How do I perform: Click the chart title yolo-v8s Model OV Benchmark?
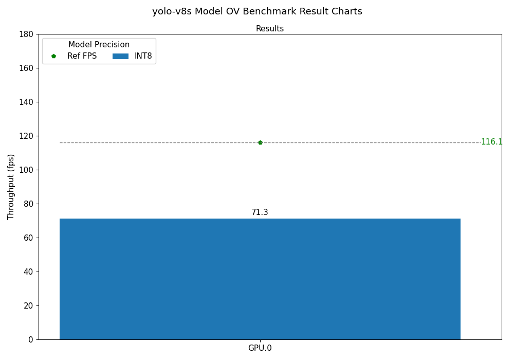[x=257, y=11]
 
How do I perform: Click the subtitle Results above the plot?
[x=270, y=29]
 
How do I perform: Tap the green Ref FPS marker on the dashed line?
[x=260, y=142]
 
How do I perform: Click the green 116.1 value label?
[x=491, y=142]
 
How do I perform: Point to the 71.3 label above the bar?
[x=260, y=212]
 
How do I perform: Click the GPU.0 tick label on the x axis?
[x=260, y=348]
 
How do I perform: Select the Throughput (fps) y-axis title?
[x=11, y=187]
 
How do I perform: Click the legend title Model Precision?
[x=99, y=45]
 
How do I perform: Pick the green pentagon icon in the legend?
[x=53, y=56]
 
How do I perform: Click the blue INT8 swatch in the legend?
[x=120, y=56]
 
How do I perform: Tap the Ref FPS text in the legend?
[x=82, y=56]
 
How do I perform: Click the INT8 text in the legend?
[x=143, y=56]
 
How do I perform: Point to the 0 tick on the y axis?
[x=31, y=339]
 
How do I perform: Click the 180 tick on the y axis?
[x=26, y=34]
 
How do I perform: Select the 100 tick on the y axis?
[x=26, y=170]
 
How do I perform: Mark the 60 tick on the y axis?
[x=28, y=238]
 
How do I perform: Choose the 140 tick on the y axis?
[x=26, y=102]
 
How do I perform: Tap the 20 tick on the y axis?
[x=28, y=305]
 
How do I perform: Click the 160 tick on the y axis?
[x=26, y=68]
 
